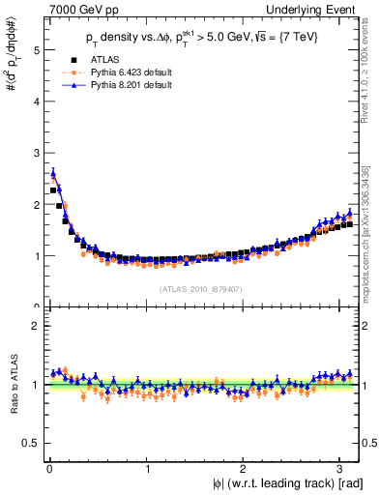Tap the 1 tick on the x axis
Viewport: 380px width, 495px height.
146,468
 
